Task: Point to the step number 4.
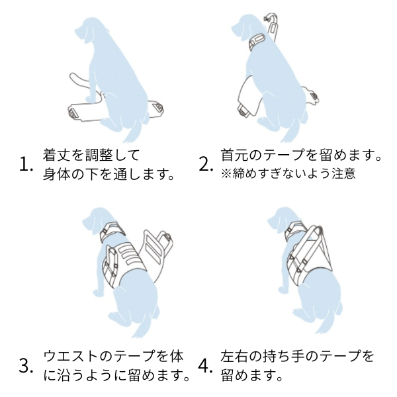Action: (x=206, y=366)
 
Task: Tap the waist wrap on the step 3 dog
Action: (x=122, y=261)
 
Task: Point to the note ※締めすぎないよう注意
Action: (x=288, y=175)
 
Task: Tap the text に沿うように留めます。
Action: (x=116, y=376)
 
